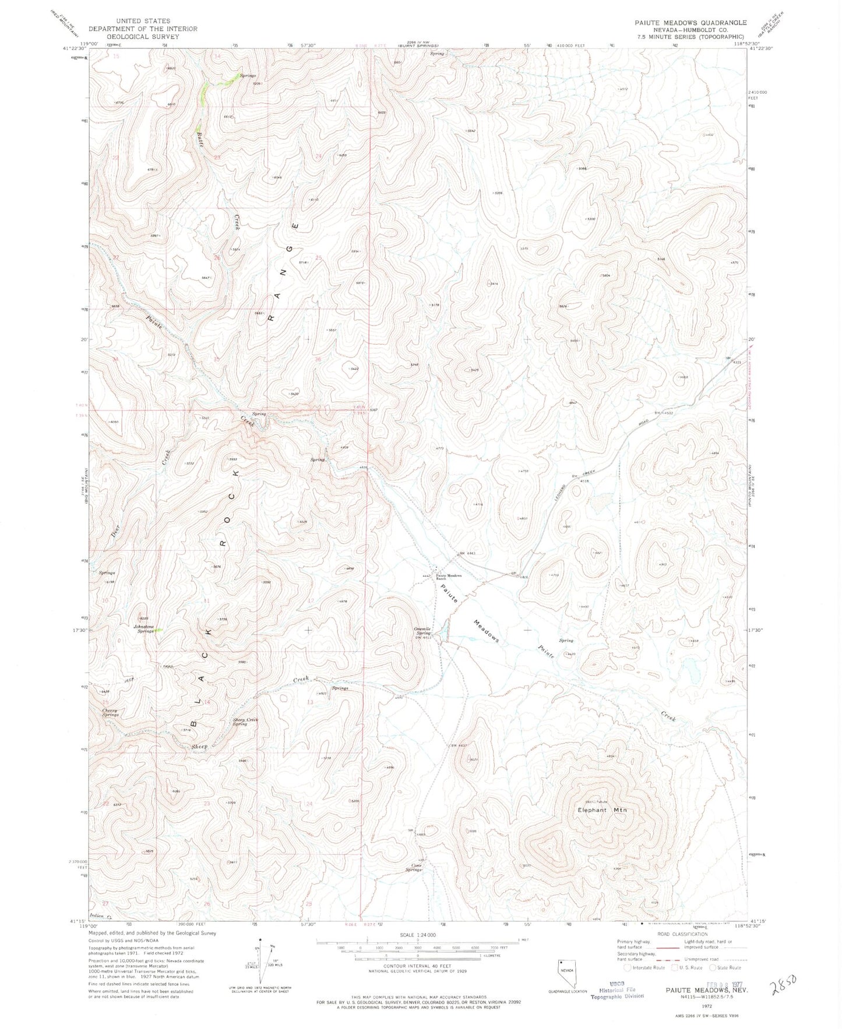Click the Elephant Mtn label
[x=601, y=810]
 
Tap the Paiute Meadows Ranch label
[x=449, y=577]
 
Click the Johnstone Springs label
[x=144, y=628]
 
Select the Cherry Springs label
[x=110, y=712]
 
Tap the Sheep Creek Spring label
[x=245, y=722]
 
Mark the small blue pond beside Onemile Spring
[x=445, y=631]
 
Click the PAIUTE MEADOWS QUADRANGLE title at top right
[x=690, y=23]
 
